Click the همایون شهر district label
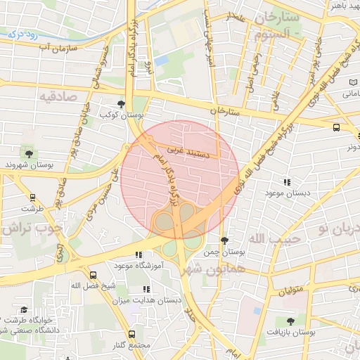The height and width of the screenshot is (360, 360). click(211, 269)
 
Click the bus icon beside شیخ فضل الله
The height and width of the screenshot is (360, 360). click(94, 275)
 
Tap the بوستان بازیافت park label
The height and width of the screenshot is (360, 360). click(290, 331)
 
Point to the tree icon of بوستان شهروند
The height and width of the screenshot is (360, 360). click(29, 154)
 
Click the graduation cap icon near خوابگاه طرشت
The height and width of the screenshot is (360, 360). click(23, 310)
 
